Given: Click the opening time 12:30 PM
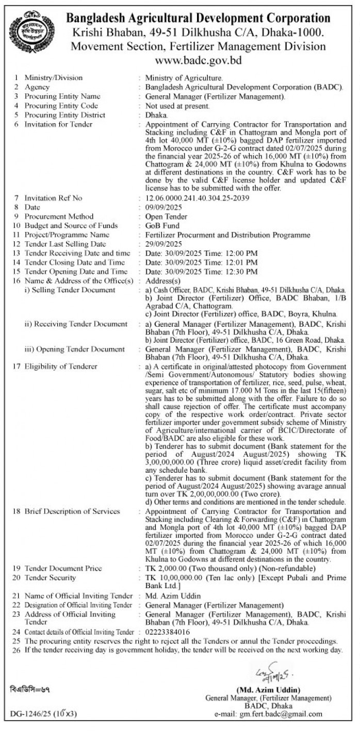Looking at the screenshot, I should (x=229, y=272).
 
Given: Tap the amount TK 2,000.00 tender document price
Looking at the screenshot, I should (x=166, y=568).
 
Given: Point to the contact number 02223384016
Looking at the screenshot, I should (x=168, y=632).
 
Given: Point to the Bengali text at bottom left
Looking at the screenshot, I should (x=29, y=688).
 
